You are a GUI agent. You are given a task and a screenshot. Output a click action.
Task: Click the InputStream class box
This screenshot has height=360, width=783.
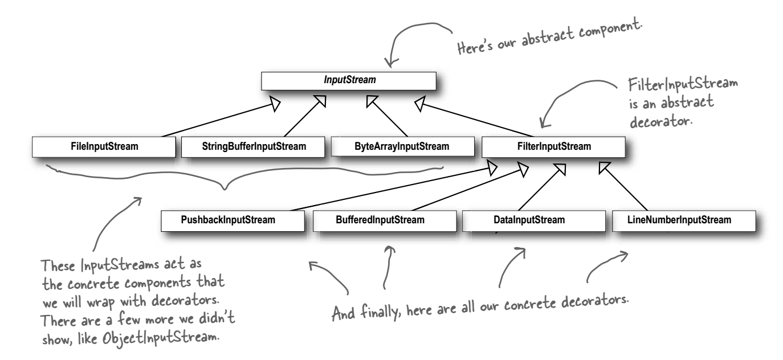coord(349,81)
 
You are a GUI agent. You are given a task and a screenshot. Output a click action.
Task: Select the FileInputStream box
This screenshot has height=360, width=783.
coord(104,147)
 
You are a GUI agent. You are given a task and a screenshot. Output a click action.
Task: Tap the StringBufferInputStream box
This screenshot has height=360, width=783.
coord(253,147)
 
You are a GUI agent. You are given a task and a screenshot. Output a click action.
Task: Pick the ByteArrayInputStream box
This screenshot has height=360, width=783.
coord(403,147)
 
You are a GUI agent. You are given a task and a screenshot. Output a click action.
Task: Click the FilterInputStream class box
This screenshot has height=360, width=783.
coord(553,147)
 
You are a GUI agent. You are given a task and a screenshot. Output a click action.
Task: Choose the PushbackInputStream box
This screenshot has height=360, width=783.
coord(233,221)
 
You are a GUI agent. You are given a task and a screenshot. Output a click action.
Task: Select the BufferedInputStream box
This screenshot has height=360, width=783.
coord(385,221)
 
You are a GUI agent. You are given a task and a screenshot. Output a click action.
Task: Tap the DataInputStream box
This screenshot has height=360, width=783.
coord(534,221)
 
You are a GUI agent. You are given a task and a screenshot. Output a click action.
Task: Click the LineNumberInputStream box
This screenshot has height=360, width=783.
coord(684,221)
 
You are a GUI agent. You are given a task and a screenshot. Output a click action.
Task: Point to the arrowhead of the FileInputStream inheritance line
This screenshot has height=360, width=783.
coord(275,104)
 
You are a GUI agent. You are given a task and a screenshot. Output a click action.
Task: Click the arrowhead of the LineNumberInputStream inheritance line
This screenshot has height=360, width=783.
coord(604,167)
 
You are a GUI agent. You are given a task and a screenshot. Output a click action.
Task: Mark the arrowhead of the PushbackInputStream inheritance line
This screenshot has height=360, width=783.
coord(492,168)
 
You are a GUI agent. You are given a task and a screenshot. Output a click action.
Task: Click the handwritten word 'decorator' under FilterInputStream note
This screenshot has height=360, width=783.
coord(660,122)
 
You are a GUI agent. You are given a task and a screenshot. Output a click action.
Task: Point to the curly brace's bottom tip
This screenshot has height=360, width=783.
coord(225,189)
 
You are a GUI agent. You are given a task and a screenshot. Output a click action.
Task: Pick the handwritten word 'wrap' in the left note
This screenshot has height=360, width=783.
coord(100,302)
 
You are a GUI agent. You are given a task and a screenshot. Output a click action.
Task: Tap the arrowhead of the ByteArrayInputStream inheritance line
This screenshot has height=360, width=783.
coord(372,101)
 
